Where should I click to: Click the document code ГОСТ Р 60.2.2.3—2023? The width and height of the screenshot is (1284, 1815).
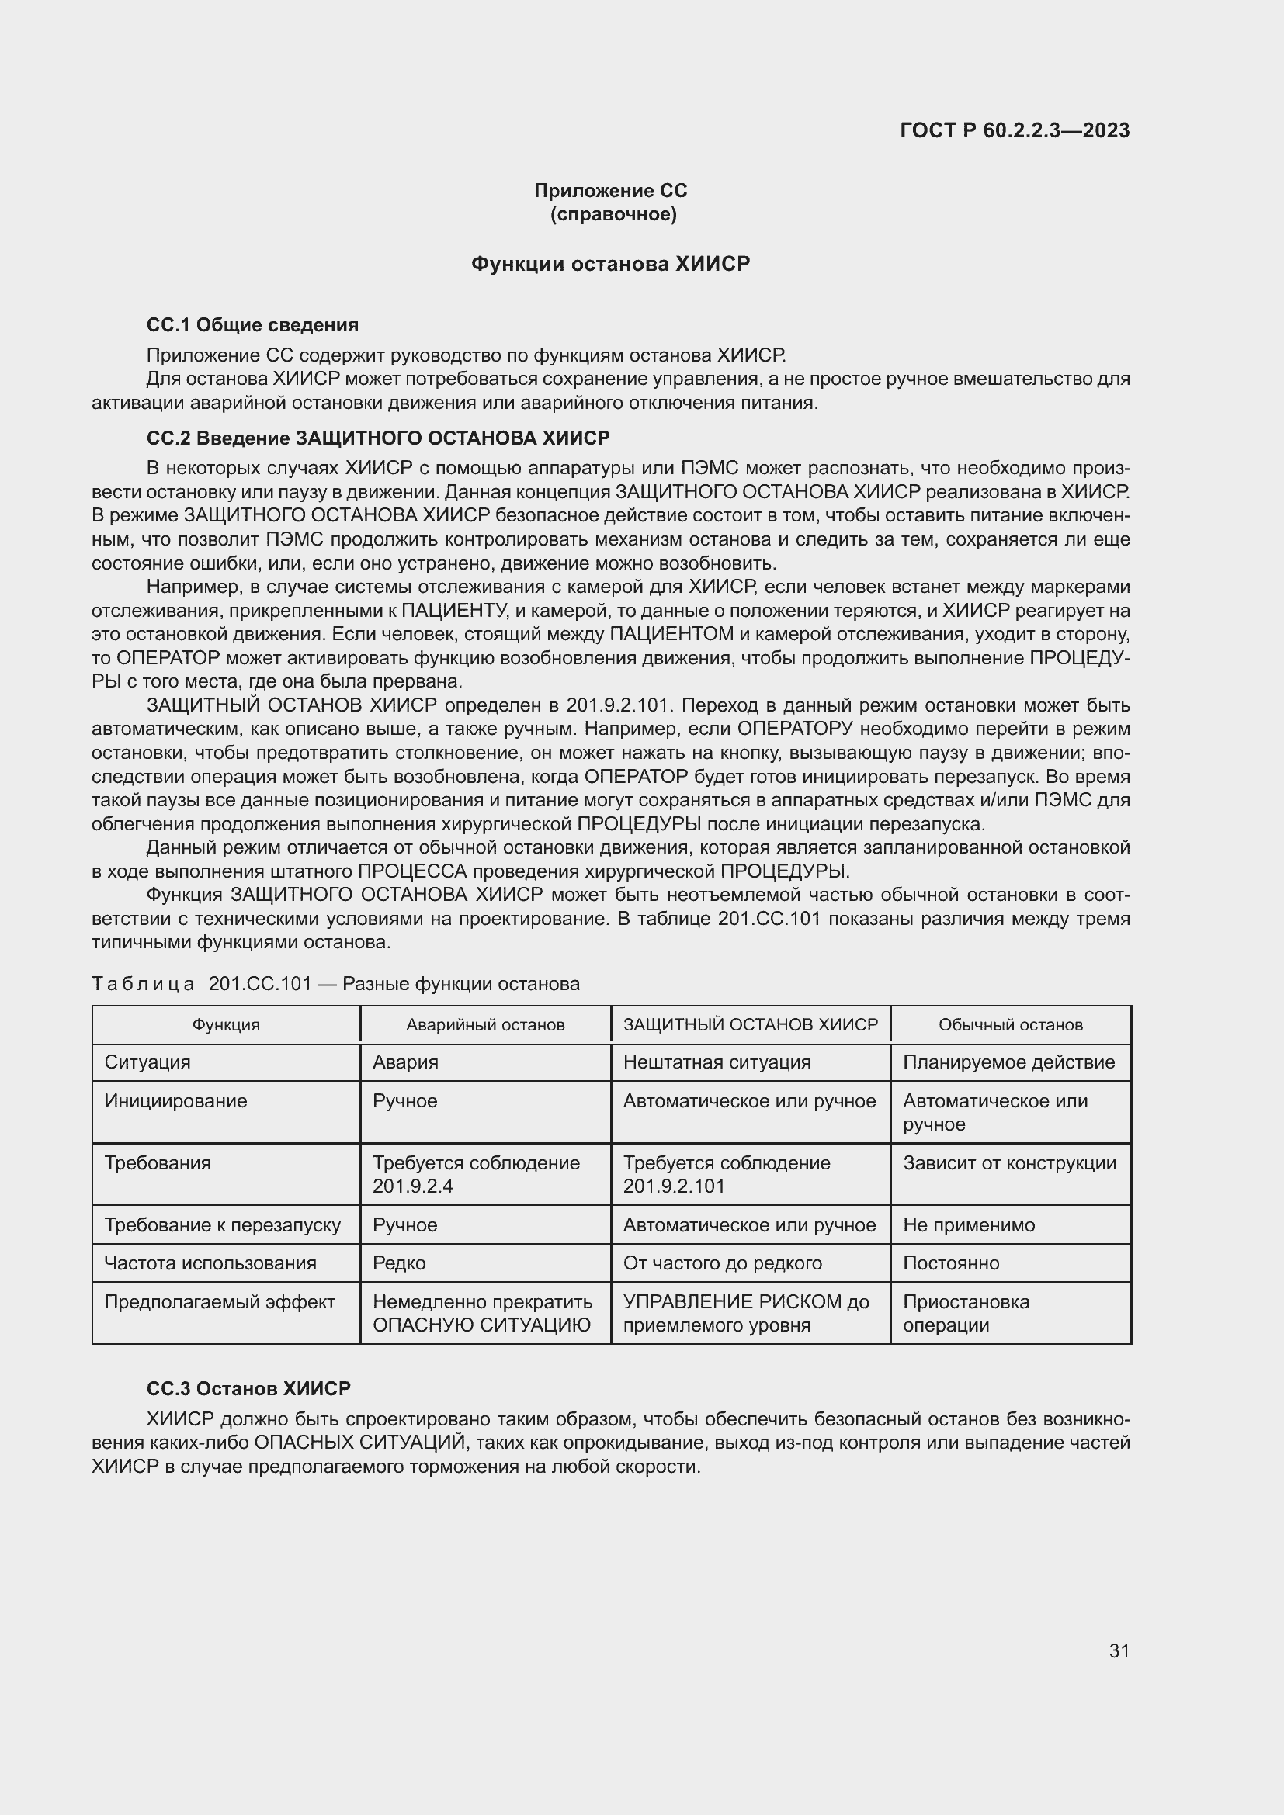tap(1015, 130)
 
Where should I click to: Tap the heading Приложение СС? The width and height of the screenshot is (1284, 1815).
tap(610, 191)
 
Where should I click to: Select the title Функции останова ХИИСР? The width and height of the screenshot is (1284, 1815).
tap(610, 263)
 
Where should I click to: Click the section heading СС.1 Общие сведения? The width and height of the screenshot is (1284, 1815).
tap(252, 325)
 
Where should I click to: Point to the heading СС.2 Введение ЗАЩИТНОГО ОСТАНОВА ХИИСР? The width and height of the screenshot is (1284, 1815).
tap(378, 438)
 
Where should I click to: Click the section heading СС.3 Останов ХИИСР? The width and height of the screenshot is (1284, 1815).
tap(248, 1388)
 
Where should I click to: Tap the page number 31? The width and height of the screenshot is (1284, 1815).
tap(1119, 1650)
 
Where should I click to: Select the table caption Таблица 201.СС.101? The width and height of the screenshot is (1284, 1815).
tap(335, 983)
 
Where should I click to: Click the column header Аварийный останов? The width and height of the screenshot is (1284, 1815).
tap(485, 1024)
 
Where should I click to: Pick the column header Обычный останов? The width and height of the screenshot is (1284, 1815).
tap(1011, 1024)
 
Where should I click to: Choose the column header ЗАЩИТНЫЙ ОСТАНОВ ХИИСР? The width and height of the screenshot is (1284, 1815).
tap(751, 1024)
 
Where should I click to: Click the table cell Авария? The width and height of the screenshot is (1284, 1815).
tap(405, 1062)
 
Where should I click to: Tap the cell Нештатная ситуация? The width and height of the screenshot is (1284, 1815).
tap(717, 1062)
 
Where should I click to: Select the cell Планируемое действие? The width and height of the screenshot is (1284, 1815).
tap(1009, 1062)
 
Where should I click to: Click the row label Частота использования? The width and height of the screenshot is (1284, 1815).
tap(210, 1263)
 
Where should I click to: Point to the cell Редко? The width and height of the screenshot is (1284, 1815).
tap(399, 1263)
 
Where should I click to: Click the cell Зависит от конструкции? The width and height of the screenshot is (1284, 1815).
tap(1010, 1163)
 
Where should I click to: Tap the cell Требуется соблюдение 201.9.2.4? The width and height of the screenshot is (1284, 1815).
tap(476, 1174)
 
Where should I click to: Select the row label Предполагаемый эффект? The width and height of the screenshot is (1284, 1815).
tap(220, 1301)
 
